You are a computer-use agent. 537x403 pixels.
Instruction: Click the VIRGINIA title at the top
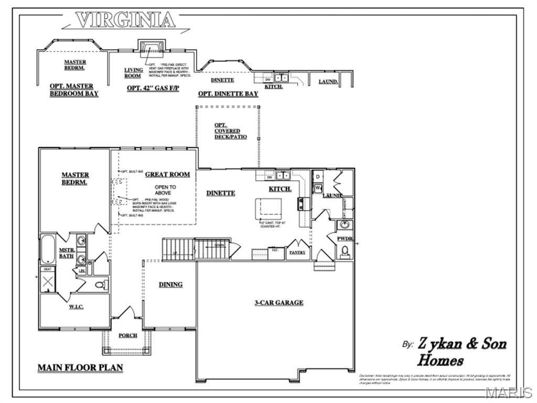125,20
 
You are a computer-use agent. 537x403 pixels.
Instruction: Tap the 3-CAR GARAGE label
279,302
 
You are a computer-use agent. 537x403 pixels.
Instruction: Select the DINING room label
171,284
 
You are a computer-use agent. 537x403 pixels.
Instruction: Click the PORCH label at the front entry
127,335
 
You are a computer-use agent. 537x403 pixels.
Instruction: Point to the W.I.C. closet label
76,306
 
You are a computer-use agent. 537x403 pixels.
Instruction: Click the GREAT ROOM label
167,174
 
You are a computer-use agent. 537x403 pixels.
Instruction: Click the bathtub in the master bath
48,251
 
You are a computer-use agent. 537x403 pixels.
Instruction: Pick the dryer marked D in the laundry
318,176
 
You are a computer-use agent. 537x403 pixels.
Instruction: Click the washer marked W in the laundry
318,187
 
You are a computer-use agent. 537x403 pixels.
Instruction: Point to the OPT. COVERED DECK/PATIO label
227,131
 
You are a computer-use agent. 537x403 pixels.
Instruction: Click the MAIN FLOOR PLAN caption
80,368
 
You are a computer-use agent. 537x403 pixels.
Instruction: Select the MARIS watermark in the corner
508,393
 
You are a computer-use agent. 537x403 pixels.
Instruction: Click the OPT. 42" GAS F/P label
153,88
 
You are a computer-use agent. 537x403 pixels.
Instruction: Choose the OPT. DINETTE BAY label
228,94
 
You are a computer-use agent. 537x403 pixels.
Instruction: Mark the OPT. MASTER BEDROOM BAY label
73,90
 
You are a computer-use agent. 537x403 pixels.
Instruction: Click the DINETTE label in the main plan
220,193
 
